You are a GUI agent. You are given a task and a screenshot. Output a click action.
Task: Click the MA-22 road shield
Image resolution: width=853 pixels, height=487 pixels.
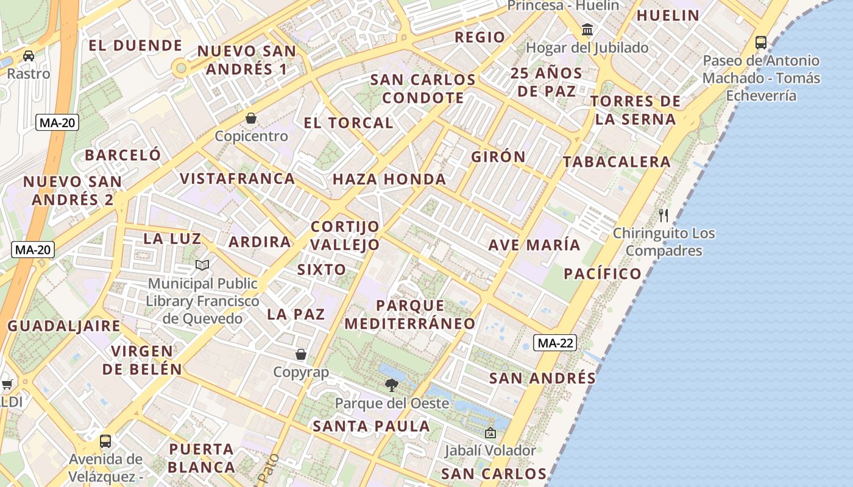click(x=555, y=343)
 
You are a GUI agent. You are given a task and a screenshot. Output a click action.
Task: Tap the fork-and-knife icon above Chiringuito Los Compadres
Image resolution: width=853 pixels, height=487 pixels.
click(x=664, y=215)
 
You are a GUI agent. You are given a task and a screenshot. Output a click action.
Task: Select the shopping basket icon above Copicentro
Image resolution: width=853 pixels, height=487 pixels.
click(x=251, y=118)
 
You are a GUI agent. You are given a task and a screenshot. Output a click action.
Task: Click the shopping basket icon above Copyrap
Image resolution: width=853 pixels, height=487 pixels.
click(x=301, y=354)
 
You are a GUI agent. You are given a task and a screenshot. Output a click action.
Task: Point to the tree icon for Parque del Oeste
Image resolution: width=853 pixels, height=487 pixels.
click(x=392, y=385)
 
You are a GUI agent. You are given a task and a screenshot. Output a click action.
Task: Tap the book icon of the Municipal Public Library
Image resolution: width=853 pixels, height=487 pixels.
click(x=202, y=265)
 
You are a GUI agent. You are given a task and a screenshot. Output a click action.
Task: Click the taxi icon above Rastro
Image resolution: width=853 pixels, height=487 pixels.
click(x=29, y=56)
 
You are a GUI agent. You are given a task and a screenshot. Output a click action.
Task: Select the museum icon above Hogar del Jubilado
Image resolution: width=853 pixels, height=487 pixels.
click(x=587, y=29)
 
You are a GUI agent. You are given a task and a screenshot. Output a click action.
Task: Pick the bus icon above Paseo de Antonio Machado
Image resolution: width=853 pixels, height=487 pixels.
click(x=761, y=42)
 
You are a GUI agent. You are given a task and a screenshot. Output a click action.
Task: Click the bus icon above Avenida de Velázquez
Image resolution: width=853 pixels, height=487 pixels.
click(x=105, y=441)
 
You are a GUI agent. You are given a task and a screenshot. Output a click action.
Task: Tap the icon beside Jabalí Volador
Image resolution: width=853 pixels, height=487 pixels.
click(x=490, y=433)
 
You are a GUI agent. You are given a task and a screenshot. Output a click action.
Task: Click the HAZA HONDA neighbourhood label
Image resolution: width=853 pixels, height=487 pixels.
click(x=389, y=180)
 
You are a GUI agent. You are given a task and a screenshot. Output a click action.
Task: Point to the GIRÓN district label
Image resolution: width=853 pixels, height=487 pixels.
click(x=498, y=156)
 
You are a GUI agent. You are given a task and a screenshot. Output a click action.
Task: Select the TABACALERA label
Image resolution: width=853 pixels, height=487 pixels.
click(x=617, y=162)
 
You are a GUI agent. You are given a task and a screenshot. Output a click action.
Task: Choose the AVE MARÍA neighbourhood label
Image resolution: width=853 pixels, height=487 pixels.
click(x=534, y=245)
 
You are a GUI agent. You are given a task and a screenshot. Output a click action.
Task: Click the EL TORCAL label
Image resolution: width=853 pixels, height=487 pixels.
click(x=349, y=123)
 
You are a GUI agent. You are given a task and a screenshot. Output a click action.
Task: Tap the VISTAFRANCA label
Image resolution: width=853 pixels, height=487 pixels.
click(x=238, y=179)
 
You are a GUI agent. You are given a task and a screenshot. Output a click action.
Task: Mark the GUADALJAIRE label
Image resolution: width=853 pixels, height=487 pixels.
click(x=64, y=326)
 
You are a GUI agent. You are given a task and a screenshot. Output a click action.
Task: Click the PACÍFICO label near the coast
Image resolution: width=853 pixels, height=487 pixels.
click(x=603, y=274)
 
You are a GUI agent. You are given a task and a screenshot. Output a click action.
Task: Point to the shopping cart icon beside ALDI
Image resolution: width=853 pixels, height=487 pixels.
click(x=7, y=384)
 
